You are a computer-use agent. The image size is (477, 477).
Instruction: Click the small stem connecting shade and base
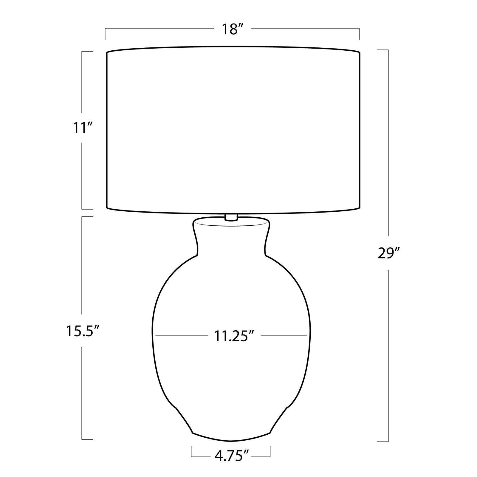tap(231, 217)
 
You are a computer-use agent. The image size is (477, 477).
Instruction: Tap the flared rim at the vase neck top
tap(231, 222)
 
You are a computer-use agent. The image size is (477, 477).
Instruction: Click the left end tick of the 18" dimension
tap(105, 34)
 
